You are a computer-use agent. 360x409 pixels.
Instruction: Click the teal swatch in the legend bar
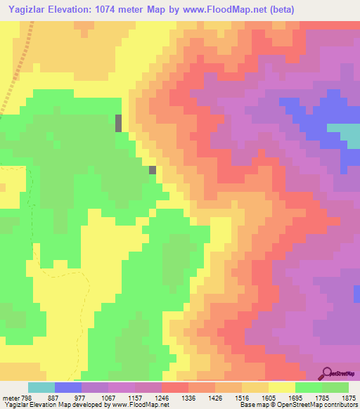(x=41, y=387)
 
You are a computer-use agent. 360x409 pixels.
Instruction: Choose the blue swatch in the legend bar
(x=67, y=387)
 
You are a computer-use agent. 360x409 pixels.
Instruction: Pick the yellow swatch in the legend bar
(x=281, y=387)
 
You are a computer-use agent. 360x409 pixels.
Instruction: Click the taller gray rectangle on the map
(x=119, y=123)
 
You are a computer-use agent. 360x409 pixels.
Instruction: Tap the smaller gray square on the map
(x=153, y=169)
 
